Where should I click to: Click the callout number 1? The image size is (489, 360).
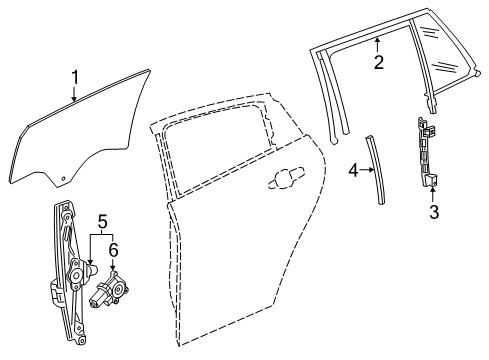pos(75,77)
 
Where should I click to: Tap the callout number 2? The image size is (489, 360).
pos(379,62)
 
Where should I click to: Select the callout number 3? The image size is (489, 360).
pos(434,212)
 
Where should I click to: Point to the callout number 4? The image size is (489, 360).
pos(353,171)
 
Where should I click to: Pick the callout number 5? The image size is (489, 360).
pos(102,222)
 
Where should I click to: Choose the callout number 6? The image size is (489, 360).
pos(114,250)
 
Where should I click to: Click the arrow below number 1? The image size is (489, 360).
pos(74,93)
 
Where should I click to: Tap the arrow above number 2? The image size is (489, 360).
pos(377,45)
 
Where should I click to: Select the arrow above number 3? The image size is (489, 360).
pos(433,195)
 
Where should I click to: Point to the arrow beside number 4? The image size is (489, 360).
pos(367,170)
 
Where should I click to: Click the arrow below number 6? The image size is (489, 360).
pos(112,265)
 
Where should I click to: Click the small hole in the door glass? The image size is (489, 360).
pos(63,178)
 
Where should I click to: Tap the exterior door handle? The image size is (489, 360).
pos(286,177)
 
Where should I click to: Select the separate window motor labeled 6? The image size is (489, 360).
pos(109,289)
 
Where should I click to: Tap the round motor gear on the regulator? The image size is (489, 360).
pos(76,275)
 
